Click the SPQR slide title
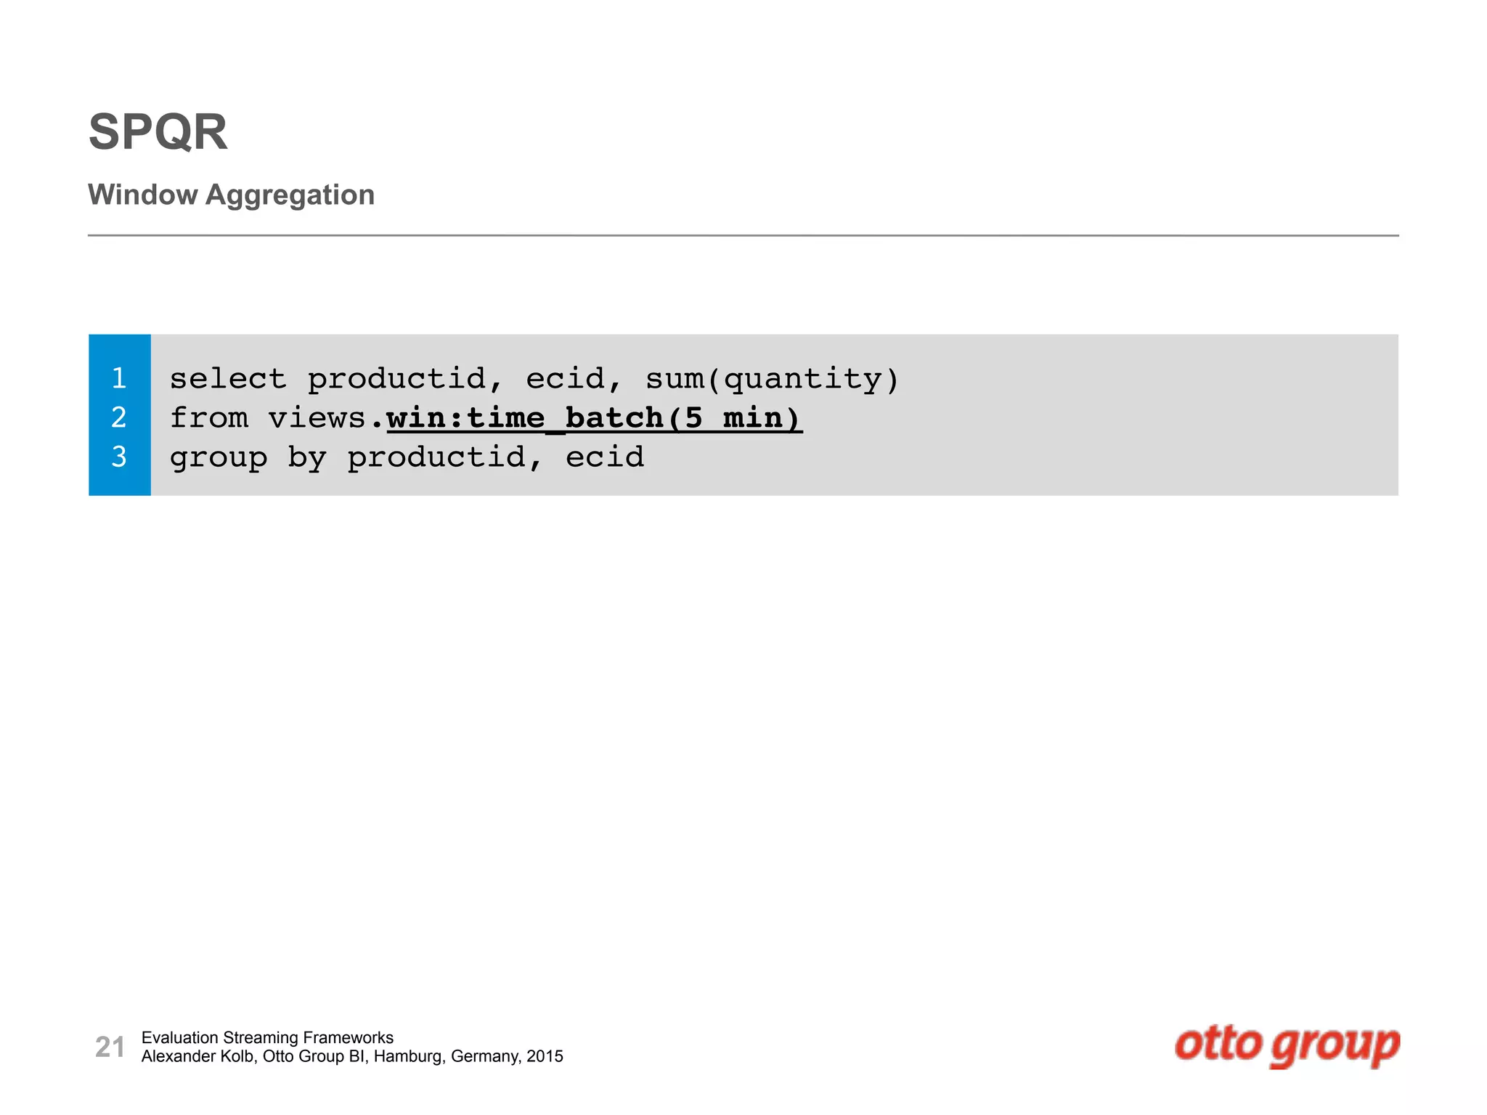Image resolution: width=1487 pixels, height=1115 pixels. pos(158,132)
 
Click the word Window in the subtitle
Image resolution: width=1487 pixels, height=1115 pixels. pos(142,195)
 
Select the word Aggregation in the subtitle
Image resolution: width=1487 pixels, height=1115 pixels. pos(290,195)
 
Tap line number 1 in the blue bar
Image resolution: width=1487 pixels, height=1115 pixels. pos(119,378)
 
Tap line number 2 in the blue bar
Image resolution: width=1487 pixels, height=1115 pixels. pos(119,417)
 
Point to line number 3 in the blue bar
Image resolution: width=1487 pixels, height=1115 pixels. pos(119,457)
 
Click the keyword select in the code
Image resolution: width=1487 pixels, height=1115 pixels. pos(228,379)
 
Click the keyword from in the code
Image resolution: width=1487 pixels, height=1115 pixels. pos(208,418)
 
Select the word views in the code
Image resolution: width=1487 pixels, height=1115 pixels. pos(317,418)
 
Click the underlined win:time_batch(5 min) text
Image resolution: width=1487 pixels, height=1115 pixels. pos(594,418)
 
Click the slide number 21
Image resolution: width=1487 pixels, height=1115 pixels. pos(110,1047)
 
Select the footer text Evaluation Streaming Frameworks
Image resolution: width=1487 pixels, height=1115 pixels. pos(267,1037)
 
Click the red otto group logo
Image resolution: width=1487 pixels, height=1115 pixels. pos(1287,1045)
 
